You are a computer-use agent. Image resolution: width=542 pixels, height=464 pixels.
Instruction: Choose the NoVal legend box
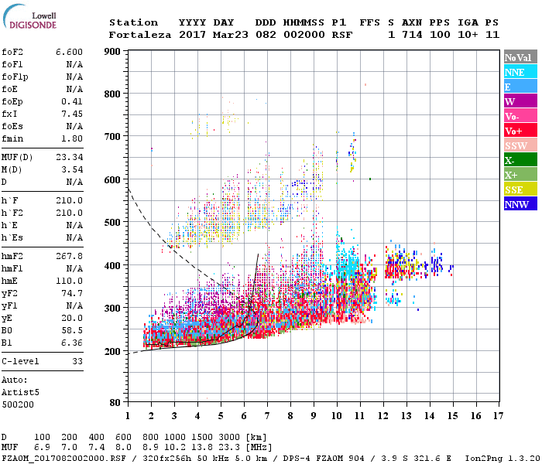520,57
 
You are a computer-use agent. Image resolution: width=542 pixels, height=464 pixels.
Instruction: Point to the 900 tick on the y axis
111,52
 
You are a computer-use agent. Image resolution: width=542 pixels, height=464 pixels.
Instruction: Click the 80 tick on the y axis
115,403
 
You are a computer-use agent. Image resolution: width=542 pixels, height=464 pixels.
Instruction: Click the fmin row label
12,138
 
